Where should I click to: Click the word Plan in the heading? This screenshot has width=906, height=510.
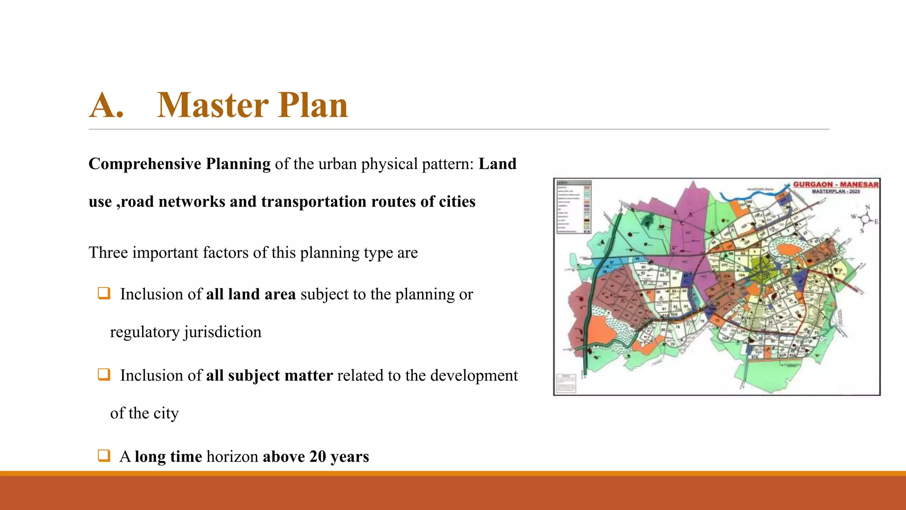click(x=313, y=106)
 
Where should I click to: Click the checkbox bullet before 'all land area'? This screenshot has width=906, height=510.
click(x=104, y=293)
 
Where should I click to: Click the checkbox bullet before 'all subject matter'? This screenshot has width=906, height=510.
click(x=104, y=375)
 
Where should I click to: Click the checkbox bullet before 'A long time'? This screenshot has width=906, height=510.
click(x=104, y=456)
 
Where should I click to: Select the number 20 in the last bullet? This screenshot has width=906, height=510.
click(x=318, y=456)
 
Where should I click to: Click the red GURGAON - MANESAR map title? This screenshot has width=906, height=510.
click(x=835, y=185)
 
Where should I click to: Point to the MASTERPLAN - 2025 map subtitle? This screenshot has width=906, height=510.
click(x=836, y=191)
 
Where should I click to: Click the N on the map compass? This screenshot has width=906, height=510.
click(x=868, y=207)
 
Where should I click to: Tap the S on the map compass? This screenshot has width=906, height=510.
click(x=862, y=231)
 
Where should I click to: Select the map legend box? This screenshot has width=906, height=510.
click(x=573, y=207)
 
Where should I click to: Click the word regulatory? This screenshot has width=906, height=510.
click(x=145, y=332)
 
